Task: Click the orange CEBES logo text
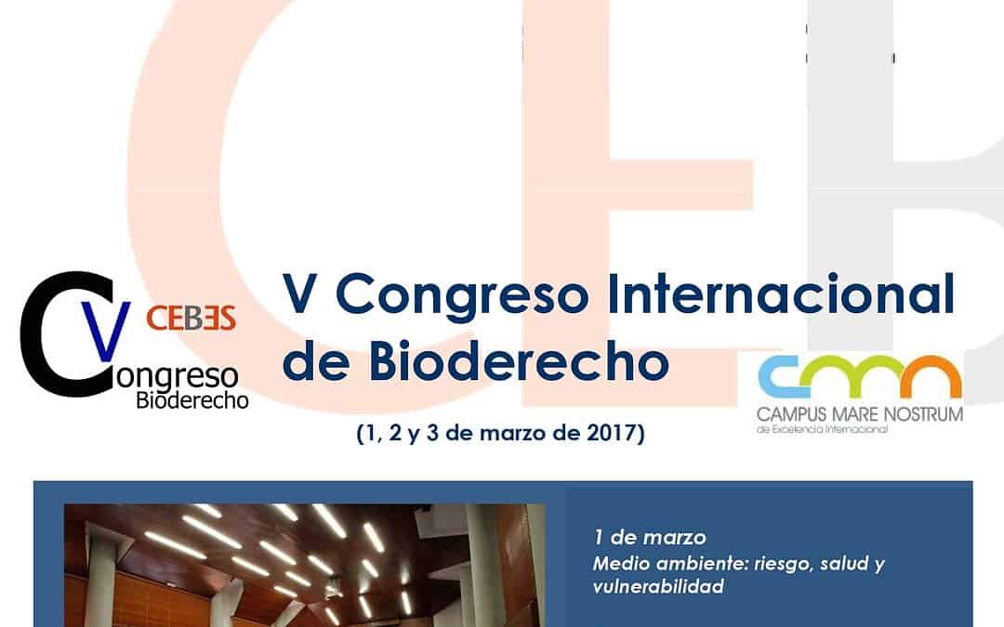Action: [191, 317]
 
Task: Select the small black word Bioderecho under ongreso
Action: [192, 401]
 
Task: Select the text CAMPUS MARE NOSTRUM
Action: [860, 411]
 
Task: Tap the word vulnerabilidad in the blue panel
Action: [657, 587]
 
